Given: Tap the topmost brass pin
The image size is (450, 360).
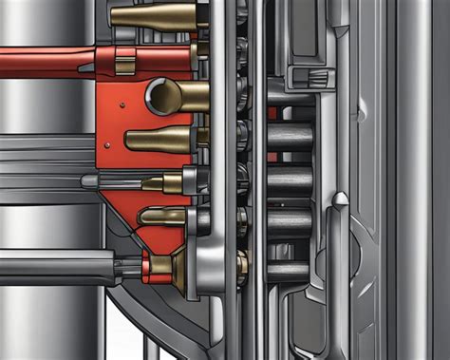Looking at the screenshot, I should point(152,15).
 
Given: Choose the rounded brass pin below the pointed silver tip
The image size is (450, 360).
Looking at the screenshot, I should point(163,216).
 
